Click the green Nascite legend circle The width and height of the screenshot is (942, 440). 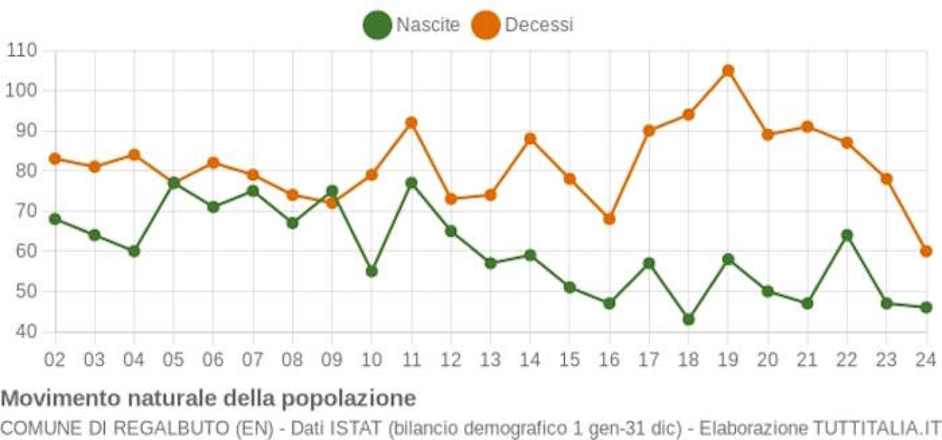[x=377, y=25]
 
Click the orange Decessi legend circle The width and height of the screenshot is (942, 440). [x=486, y=25]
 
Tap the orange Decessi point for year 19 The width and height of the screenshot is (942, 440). [x=728, y=70]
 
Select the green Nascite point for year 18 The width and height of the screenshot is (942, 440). [x=688, y=319]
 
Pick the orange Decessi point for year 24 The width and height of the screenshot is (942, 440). [x=926, y=251]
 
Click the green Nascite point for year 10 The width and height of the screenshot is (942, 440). [x=372, y=271]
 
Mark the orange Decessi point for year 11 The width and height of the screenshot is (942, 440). [x=411, y=123]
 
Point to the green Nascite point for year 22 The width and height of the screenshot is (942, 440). [x=847, y=235]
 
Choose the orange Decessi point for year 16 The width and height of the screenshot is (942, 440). [x=609, y=219]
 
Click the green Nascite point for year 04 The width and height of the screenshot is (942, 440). [x=134, y=251]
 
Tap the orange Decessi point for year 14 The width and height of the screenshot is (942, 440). [x=530, y=139]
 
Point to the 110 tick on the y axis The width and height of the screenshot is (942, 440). [x=22, y=50]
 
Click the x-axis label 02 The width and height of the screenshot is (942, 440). [x=55, y=359]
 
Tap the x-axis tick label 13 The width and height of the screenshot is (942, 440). [x=490, y=359]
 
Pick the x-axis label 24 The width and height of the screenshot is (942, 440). [x=926, y=359]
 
